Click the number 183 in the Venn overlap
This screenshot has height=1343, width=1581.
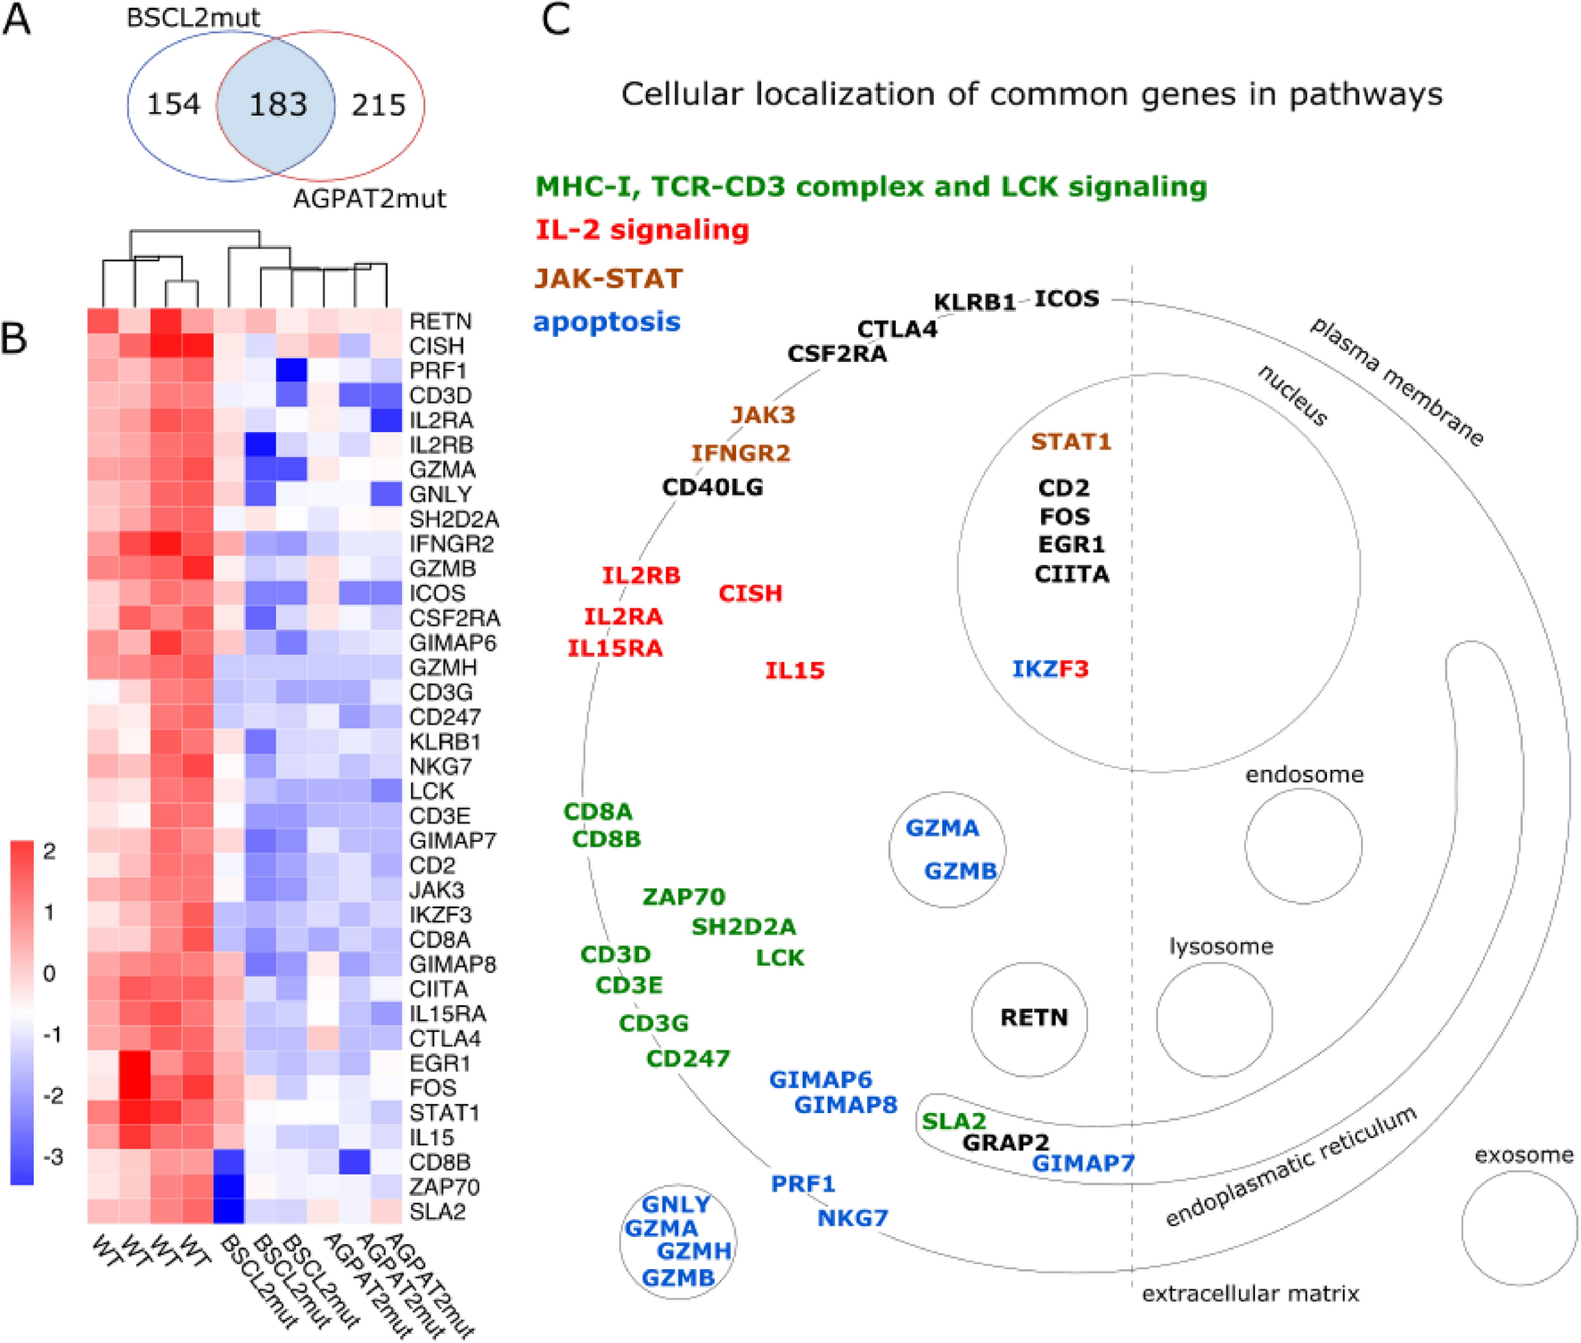point(277,105)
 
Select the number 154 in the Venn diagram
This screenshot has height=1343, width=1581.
point(173,104)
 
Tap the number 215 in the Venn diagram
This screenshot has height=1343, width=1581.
point(379,105)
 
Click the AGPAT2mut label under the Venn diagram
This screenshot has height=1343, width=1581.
point(369,198)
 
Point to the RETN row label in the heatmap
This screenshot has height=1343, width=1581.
point(440,321)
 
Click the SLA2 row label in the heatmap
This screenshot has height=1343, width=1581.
point(438,1211)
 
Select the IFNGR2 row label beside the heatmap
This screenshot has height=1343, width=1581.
point(452,544)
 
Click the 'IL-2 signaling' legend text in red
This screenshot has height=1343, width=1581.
point(642,230)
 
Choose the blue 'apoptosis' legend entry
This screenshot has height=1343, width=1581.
point(607,322)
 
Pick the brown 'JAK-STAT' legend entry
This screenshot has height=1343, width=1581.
point(609,278)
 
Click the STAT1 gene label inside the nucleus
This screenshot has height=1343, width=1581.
point(1071,442)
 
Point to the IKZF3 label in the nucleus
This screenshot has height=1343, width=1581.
point(1050,668)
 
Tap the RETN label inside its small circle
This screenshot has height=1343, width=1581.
point(1033,1017)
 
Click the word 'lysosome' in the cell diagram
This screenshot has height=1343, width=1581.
point(1221,946)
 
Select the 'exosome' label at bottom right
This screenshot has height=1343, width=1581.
point(1524,1155)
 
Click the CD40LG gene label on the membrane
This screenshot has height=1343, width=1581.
point(712,487)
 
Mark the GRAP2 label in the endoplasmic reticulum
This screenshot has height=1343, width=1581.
point(1005,1142)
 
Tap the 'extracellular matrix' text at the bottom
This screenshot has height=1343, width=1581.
point(1249,1293)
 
